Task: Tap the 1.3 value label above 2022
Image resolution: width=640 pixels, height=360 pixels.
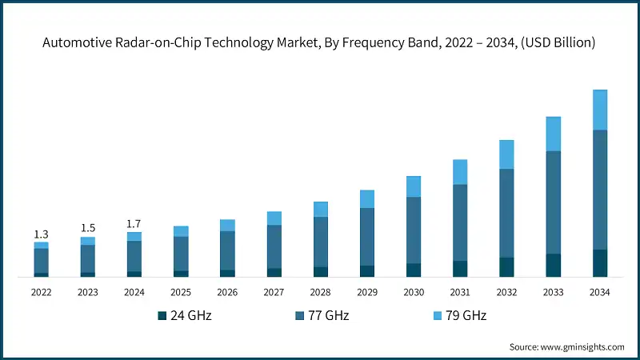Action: tap(41, 234)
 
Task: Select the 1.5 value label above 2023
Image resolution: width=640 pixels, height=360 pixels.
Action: tap(88, 228)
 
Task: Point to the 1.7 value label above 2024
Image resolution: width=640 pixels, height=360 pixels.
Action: tap(134, 223)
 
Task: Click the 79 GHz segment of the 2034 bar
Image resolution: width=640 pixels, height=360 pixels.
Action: tap(599, 110)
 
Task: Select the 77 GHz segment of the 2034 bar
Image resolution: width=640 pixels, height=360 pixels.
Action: tap(599, 190)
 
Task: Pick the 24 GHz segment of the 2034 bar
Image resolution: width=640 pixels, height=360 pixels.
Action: tap(599, 263)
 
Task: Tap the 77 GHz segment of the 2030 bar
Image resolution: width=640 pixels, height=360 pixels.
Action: tap(414, 230)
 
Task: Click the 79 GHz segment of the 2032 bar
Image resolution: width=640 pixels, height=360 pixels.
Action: tap(506, 154)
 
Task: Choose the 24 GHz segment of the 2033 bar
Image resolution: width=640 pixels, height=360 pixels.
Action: tap(553, 265)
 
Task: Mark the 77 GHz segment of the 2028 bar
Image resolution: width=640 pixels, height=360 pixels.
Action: tap(320, 242)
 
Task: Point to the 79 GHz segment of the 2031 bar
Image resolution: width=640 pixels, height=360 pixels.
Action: tap(460, 172)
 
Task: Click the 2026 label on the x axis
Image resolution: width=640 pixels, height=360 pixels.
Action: tap(227, 293)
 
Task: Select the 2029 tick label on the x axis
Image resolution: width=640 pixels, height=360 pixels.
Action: tap(367, 293)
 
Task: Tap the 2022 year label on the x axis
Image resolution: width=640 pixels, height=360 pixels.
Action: tap(41, 293)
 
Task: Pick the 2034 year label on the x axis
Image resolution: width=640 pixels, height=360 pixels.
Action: tap(599, 293)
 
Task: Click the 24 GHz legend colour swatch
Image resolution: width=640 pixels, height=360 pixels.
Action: tap(162, 316)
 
